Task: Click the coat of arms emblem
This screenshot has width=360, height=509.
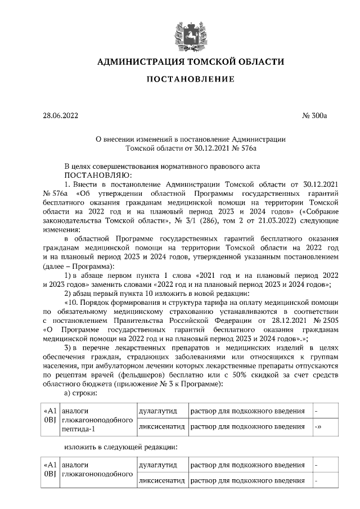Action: tap(180, 30)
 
